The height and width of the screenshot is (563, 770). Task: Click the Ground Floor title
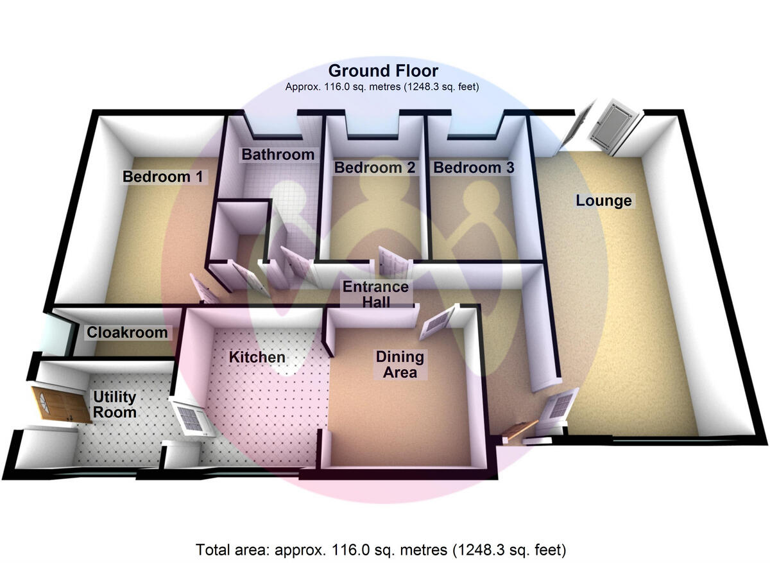[383, 71]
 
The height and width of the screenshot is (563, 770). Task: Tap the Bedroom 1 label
[166, 177]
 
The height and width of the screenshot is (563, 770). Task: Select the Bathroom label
[278, 155]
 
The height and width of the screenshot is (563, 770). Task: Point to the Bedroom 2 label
[375, 168]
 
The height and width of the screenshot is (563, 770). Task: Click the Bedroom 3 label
[474, 168]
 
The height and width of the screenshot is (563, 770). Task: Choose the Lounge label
[603, 201]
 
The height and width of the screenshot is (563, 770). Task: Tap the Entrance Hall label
[375, 294]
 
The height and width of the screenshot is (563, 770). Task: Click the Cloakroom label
[127, 333]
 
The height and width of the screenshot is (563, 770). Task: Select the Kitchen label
[257, 357]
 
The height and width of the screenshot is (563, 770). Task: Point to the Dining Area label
[400, 365]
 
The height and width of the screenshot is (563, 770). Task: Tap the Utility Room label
[115, 404]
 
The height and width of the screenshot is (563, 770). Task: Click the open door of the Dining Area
[438, 322]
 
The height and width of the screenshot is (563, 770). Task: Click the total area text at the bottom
[381, 550]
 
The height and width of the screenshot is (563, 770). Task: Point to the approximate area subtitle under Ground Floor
[382, 87]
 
